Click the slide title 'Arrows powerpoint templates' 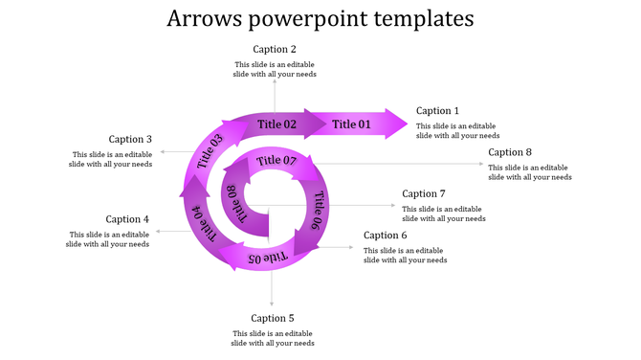(320, 18)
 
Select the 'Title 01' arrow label (351, 124)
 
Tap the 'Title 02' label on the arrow (277, 124)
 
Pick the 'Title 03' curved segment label (210, 152)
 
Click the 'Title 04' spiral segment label (205, 222)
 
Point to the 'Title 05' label (268, 258)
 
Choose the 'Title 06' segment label (317, 211)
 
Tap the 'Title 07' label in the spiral (276, 160)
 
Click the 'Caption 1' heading (437, 111)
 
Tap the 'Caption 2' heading (275, 49)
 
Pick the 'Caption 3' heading (130, 139)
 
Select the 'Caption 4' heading (127, 219)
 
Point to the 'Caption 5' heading (273, 318)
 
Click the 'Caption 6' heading (386, 236)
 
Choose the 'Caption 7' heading (424, 194)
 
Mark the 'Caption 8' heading (510, 152)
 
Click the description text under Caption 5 (273, 338)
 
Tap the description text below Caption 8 (529, 172)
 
